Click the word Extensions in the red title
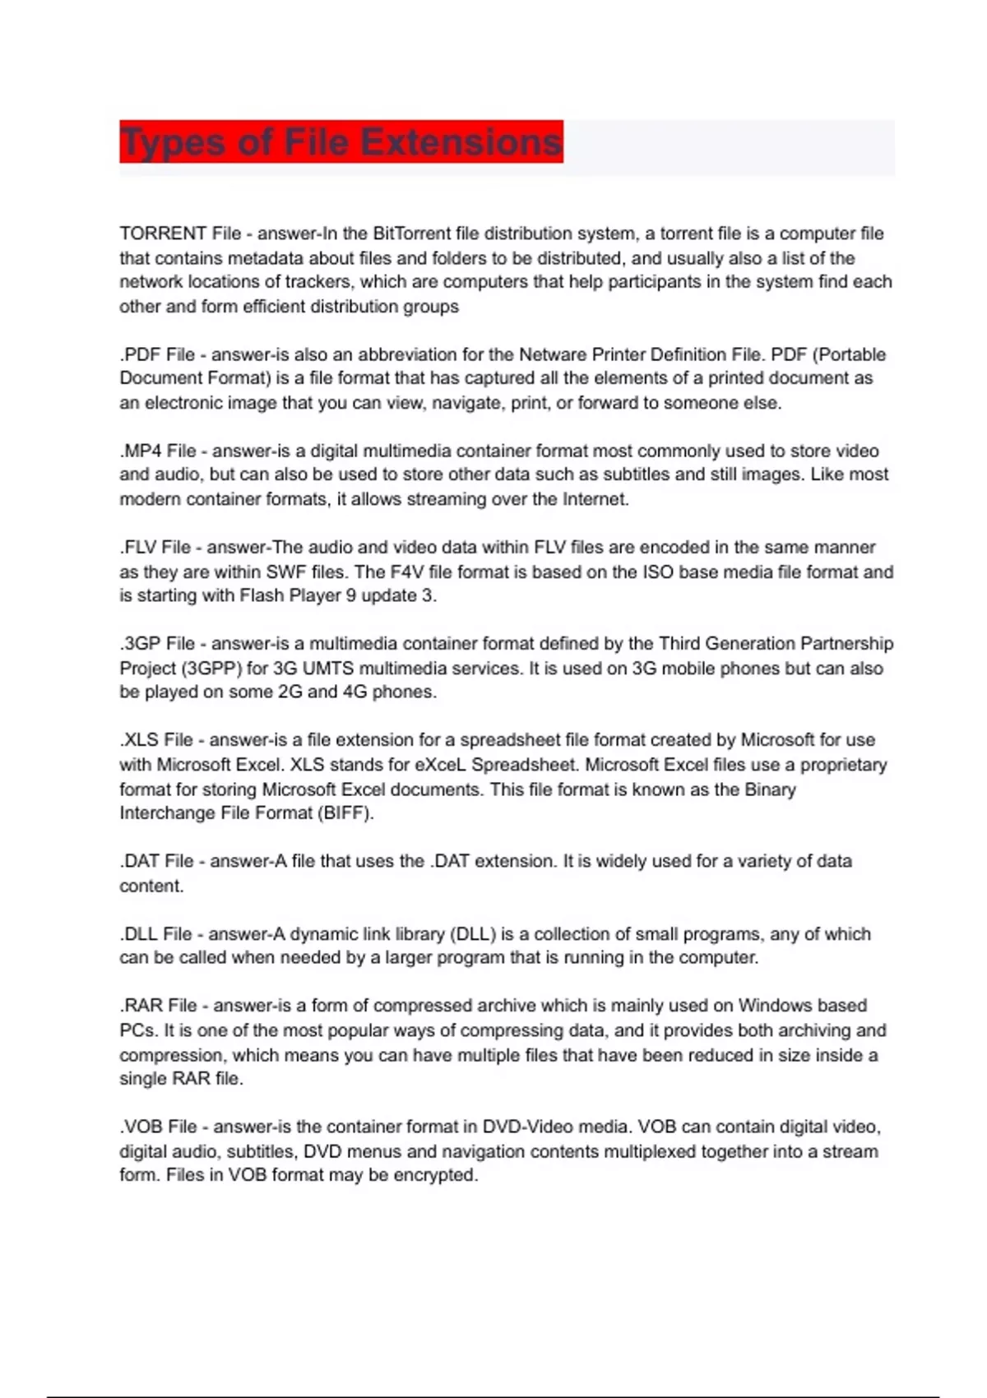click(461, 141)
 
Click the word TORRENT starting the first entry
click(162, 234)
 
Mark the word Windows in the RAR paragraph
click(772, 1006)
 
